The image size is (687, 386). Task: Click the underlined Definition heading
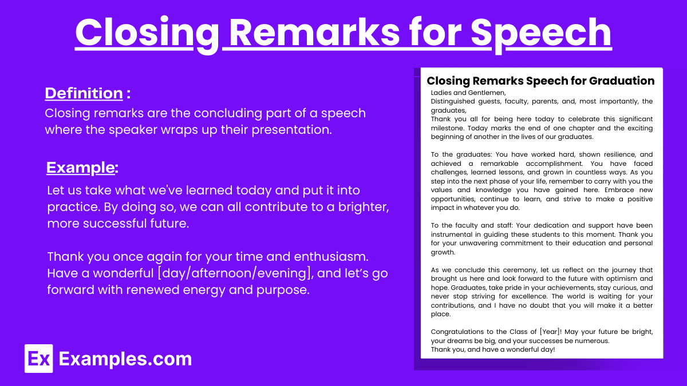[84, 93]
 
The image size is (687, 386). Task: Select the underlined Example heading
[80, 168]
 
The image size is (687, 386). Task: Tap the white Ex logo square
[39, 359]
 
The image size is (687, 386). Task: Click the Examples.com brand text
[125, 359]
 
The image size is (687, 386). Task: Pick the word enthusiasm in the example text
[331, 256]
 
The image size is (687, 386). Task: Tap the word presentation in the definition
[291, 130]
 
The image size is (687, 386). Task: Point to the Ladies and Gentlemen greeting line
[468, 93]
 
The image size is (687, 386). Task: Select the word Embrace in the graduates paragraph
[619, 190]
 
